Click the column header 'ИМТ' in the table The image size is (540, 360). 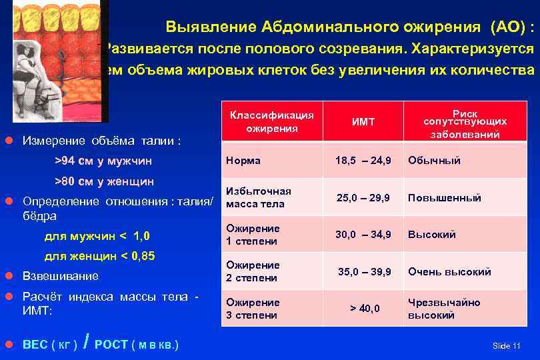click(x=363, y=122)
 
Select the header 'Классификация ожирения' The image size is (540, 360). click(x=271, y=121)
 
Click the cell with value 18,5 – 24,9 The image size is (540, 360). click(x=363, y=161)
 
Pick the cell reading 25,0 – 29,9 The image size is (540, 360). click(x=363, y=198)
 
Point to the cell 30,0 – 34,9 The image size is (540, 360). click(x=363, y=235)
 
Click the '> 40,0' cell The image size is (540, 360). click(x=365, y=309)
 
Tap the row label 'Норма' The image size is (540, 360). click(x=243, y=161)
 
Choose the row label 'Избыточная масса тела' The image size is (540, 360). click(x=259, y=198)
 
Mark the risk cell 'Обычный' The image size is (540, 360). click(x=434, y=161)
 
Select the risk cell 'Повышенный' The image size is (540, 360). click(x=444, y=198)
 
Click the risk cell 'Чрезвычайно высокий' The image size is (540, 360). click(x=444, y=309)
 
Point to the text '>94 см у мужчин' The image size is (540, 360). click(x=103, y=161)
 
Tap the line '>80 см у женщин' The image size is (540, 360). click(x=104, y=181)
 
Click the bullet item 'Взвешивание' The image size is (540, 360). click(x=60, y=276)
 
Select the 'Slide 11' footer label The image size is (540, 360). click(x=506, y=346)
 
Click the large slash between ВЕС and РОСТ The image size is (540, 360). click(x=87, y=342)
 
